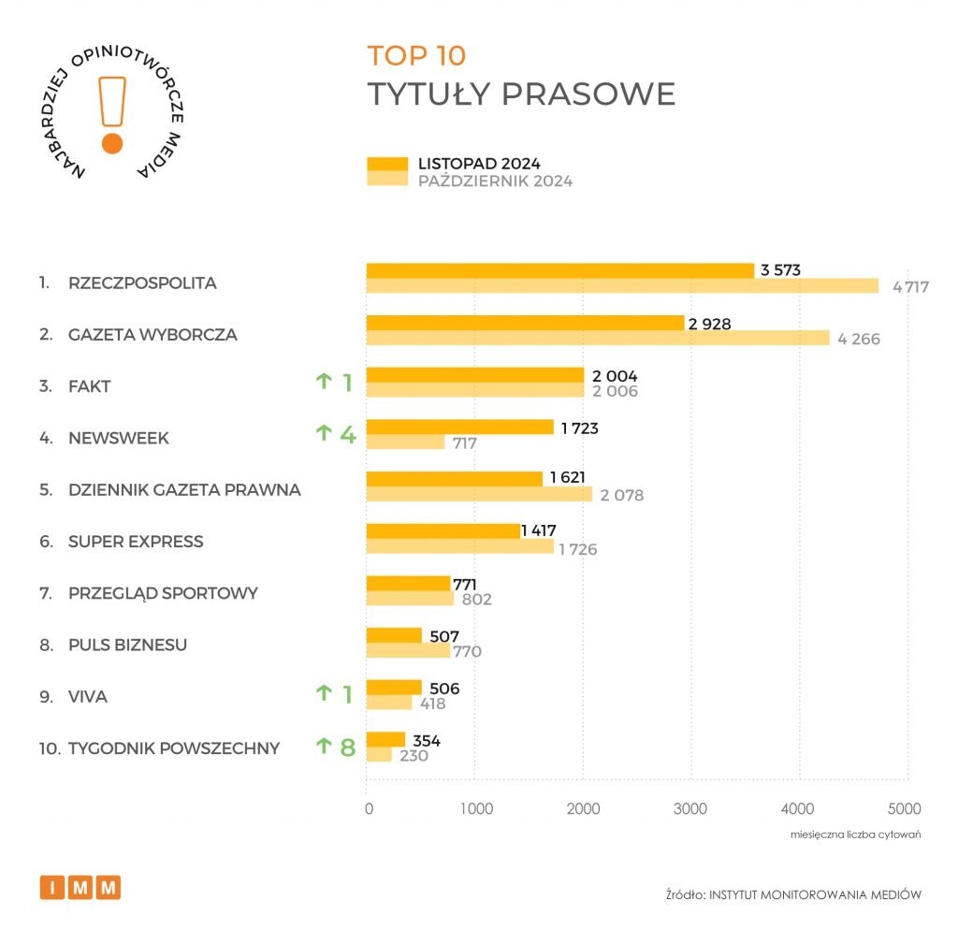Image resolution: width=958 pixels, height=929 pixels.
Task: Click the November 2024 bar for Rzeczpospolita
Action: tap(559, 270)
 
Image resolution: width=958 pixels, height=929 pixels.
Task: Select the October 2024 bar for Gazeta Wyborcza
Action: tap(598, 338)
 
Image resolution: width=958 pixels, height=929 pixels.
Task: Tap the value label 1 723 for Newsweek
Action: tap(579, 428)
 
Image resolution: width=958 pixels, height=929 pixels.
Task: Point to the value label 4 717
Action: tap(910, 287)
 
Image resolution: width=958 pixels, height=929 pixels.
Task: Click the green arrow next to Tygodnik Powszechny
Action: tap(324, 746)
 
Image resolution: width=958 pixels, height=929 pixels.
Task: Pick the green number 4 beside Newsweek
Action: tap(347, 433)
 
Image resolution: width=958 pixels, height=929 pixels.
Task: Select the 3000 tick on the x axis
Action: tap(690, 809)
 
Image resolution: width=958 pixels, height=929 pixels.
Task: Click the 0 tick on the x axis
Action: tap(369, 809)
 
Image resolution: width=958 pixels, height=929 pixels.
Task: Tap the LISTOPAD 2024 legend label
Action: tap(479, 164)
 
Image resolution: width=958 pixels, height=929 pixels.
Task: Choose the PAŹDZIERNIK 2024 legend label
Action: tap(495, 181)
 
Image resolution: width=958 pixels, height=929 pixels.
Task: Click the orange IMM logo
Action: tap(80, 887)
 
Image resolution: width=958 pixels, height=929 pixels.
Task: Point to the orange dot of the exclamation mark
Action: tap(112, 143)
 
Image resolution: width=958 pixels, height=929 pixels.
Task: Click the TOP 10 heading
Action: tap(415, 56)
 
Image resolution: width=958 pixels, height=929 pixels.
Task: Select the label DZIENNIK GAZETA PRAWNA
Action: tap(184, 489)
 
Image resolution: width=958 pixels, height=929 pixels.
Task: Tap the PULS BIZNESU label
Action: tap(127, 645)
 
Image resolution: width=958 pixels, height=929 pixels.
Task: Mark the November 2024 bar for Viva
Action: tap(394, 688)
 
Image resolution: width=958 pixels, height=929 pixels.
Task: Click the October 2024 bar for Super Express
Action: tap(459, 546)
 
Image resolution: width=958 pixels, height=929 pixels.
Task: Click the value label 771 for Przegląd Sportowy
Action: tap(465, 585)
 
